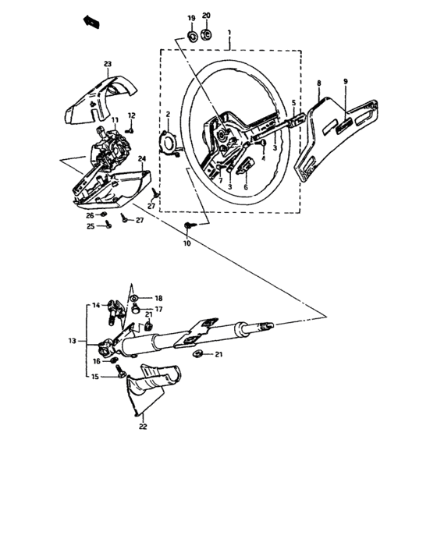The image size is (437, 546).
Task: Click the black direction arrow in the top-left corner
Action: tap(91, 23)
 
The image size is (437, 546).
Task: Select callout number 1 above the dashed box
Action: tap(229, 34)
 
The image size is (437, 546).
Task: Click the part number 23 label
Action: tap(108, 64)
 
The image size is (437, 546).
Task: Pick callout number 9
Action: tap(346, 81)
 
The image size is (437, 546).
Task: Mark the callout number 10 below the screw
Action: tap(187, 243)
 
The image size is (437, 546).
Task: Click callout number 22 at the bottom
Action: tap(142, 427)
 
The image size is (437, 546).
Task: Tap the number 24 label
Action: tap(142, 159)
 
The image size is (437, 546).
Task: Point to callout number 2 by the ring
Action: tap(167, 114)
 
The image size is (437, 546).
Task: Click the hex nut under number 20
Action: tap(208, 34)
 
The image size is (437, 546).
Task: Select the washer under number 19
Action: tap(192, 35)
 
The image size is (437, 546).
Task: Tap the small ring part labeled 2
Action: tap(168, 144)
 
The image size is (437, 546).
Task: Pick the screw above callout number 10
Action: tap(188, 226)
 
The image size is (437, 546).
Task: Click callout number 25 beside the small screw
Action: tap(90, 226)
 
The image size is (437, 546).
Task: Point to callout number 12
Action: tap(132, 115)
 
